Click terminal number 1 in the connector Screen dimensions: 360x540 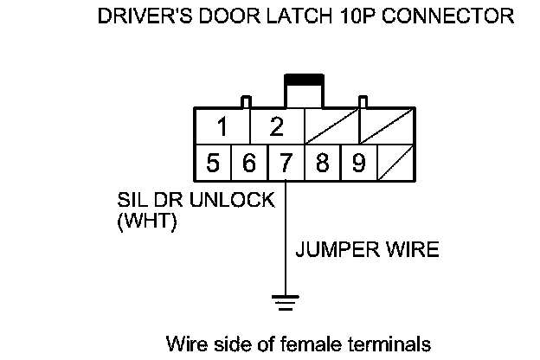pos(222,128)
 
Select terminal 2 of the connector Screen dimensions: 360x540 pos(277,128)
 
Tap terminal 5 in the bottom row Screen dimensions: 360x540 pos(212,164)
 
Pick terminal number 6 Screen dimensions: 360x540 pos(248,164)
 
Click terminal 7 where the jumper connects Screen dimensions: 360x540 pos(285,164)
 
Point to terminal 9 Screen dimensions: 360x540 pos(357,164)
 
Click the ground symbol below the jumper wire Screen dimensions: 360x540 pos(285,302)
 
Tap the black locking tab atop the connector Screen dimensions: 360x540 pos(304,80)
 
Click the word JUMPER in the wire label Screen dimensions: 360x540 pos(334,250)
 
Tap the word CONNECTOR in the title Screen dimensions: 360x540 pos(450,16)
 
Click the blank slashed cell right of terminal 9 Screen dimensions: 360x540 pos(395,164)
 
